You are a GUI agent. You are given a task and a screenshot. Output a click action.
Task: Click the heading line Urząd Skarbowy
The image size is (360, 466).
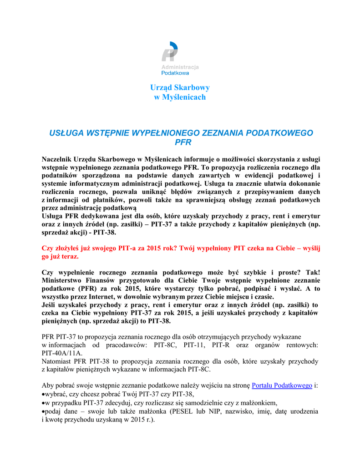(x=180, y=87)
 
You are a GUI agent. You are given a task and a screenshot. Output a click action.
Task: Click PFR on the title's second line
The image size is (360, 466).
(x=180, y=142)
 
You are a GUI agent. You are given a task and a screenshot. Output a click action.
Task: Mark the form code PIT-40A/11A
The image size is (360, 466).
(x=62, y=353)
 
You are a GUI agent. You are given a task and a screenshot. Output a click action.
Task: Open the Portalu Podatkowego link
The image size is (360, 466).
(x=282, y=385)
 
